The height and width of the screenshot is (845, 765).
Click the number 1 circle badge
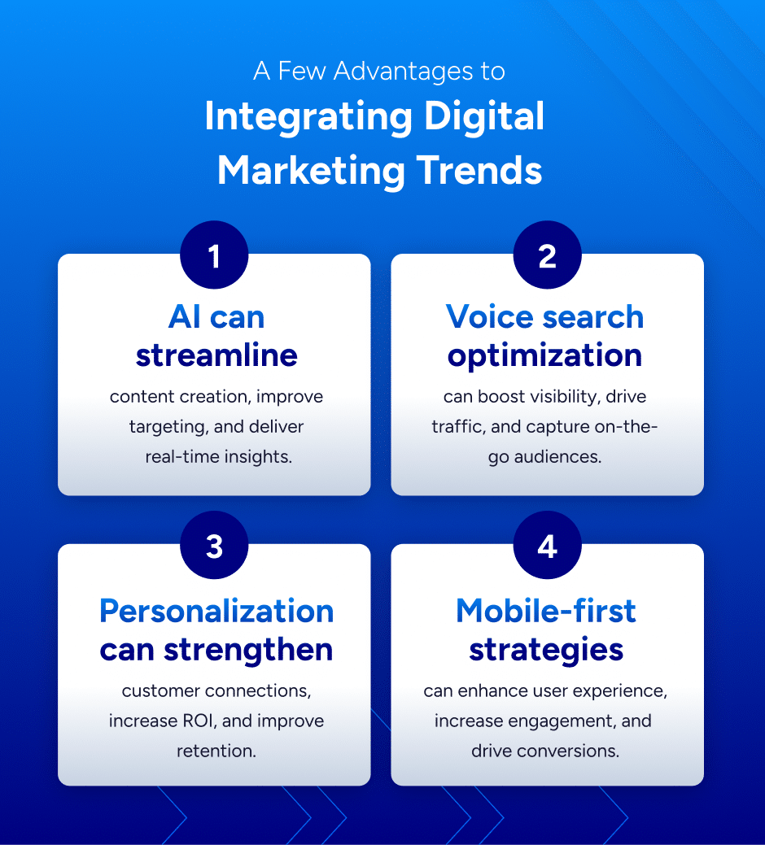point(214,256)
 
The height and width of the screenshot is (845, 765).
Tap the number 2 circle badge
point(547,256)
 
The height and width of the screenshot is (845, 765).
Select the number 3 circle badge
point(214,547)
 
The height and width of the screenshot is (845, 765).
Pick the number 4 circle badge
point(547,547)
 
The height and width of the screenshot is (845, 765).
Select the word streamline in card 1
point(216,355)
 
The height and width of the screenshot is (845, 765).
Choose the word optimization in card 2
point(545,355)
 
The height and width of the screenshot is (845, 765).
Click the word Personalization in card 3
point(216,611)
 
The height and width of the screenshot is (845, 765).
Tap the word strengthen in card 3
point(260,649)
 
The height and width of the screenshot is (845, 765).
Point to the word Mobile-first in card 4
point(546,611)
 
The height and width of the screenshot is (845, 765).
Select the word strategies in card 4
point(546,649)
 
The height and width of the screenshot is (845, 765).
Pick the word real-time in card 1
point(179,456)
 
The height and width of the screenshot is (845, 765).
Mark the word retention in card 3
point(216,751)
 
